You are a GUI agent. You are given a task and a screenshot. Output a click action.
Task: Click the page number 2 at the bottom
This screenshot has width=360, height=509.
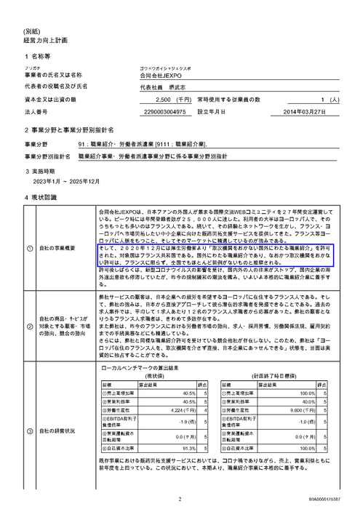click(x=179, y=499)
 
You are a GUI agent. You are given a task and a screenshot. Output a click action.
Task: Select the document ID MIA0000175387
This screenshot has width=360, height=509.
click(x=332, y=500)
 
